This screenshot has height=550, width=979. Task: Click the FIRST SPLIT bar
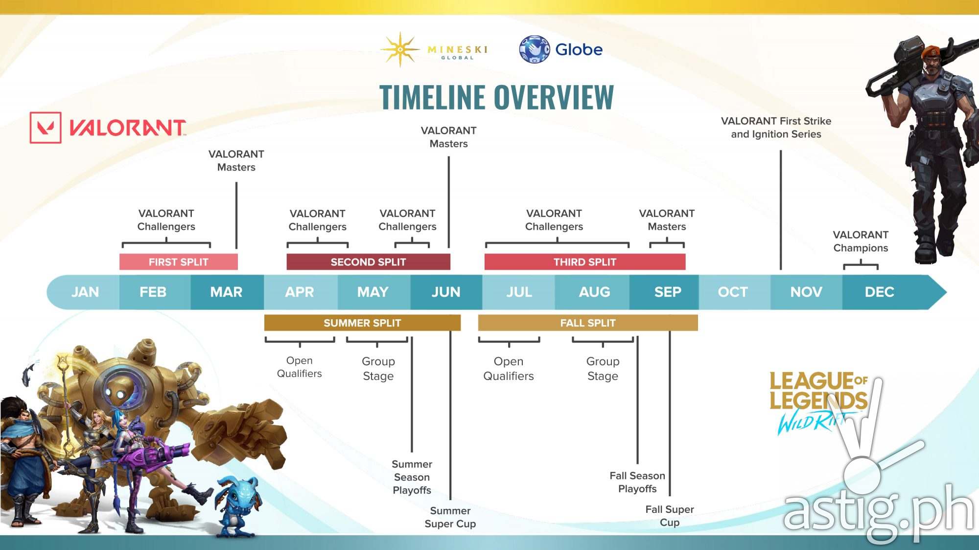179,262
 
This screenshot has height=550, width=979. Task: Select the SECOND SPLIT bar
368,262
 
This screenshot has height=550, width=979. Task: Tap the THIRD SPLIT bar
585,262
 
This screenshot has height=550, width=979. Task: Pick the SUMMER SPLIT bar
362,323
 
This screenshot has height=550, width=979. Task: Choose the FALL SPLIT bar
588,323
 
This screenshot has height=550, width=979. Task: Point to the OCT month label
733,292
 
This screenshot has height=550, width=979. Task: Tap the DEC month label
880,292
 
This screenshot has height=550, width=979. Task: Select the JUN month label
446,292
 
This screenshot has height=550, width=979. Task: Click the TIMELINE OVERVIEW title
496,97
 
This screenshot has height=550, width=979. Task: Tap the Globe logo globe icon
534,49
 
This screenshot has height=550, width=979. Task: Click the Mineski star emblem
400,49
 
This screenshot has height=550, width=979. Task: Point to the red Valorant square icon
46,128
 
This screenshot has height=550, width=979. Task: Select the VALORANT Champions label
861,242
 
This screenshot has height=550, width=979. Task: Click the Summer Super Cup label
450,517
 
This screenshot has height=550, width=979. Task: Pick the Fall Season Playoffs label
637,482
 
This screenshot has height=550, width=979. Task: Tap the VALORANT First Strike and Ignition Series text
776,128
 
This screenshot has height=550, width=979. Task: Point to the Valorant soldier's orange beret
932,51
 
